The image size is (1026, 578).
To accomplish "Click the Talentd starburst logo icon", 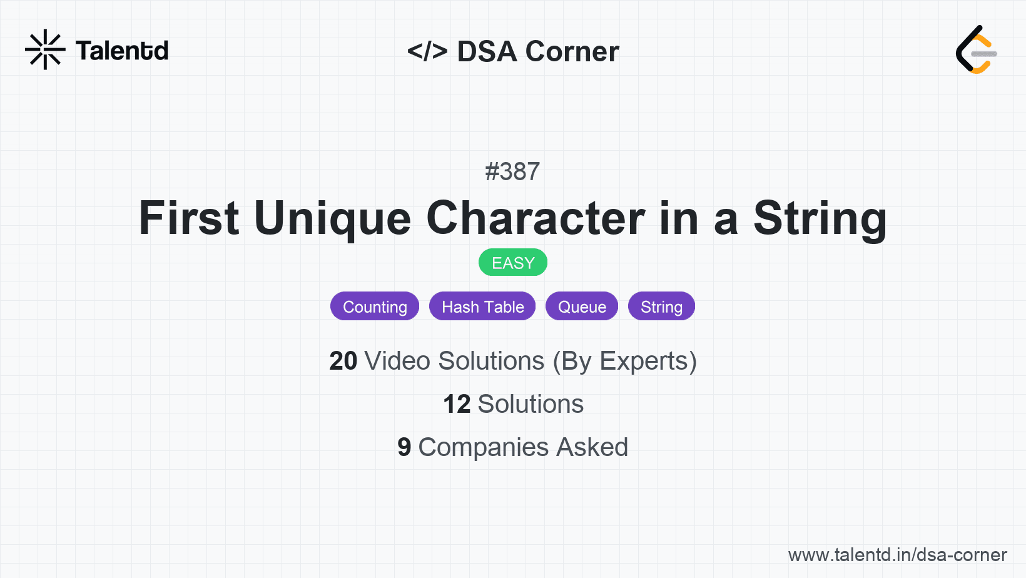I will coord(45,50).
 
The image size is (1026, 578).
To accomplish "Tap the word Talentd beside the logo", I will coord(122,51).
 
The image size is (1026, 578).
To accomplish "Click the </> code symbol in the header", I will coord(427,51).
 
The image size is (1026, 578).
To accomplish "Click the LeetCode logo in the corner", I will coord(976,50).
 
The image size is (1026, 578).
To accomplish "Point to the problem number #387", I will coord(512,171).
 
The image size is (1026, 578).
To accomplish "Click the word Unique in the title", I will coord(332,218).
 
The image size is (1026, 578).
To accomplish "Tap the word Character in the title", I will coord(536,218).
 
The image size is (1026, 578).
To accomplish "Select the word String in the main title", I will coord(820,218).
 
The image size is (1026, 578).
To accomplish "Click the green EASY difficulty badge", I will coord(513,263).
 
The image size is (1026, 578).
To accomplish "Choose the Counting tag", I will coord(375,307).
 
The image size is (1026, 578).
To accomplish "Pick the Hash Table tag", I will coord(482,307).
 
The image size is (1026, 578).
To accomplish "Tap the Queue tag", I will coord(582,307).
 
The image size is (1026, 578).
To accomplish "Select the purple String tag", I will coord(661,307).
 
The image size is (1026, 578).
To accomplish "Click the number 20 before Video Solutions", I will coord(343,361).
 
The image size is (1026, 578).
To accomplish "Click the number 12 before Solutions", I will coord(457,404).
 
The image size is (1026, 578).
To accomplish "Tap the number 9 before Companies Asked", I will coord(404,447).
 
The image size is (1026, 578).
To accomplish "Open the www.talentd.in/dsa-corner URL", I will coord(897,555).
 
